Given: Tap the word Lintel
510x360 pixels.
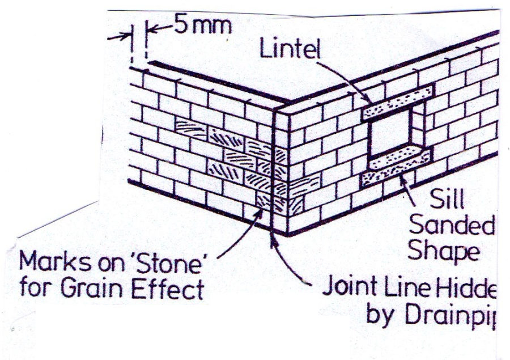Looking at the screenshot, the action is point(289,50).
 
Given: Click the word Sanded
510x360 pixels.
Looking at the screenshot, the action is point(452,226).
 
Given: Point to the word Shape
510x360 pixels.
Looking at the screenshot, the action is point(444,251).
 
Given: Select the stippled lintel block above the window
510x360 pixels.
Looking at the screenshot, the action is point(398,101).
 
